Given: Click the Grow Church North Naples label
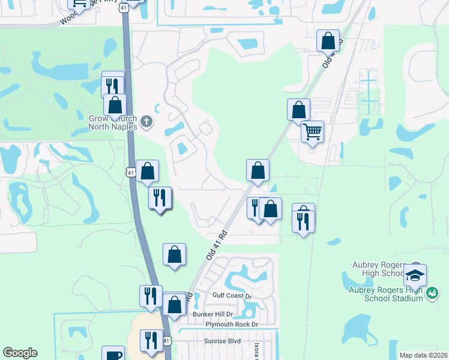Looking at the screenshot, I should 113,122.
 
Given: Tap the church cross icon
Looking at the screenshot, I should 146,123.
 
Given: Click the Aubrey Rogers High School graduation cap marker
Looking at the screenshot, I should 415,275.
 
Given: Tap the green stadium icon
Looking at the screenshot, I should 430,292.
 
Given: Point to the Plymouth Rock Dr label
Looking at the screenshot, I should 231,324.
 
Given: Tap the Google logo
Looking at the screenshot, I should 20,353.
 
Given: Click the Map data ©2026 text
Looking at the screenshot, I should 423,355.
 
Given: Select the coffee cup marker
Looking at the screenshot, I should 113,354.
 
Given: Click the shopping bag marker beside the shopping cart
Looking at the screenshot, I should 299,110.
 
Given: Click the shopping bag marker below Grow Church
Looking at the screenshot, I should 148,172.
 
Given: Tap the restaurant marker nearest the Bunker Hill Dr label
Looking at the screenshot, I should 151,296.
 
